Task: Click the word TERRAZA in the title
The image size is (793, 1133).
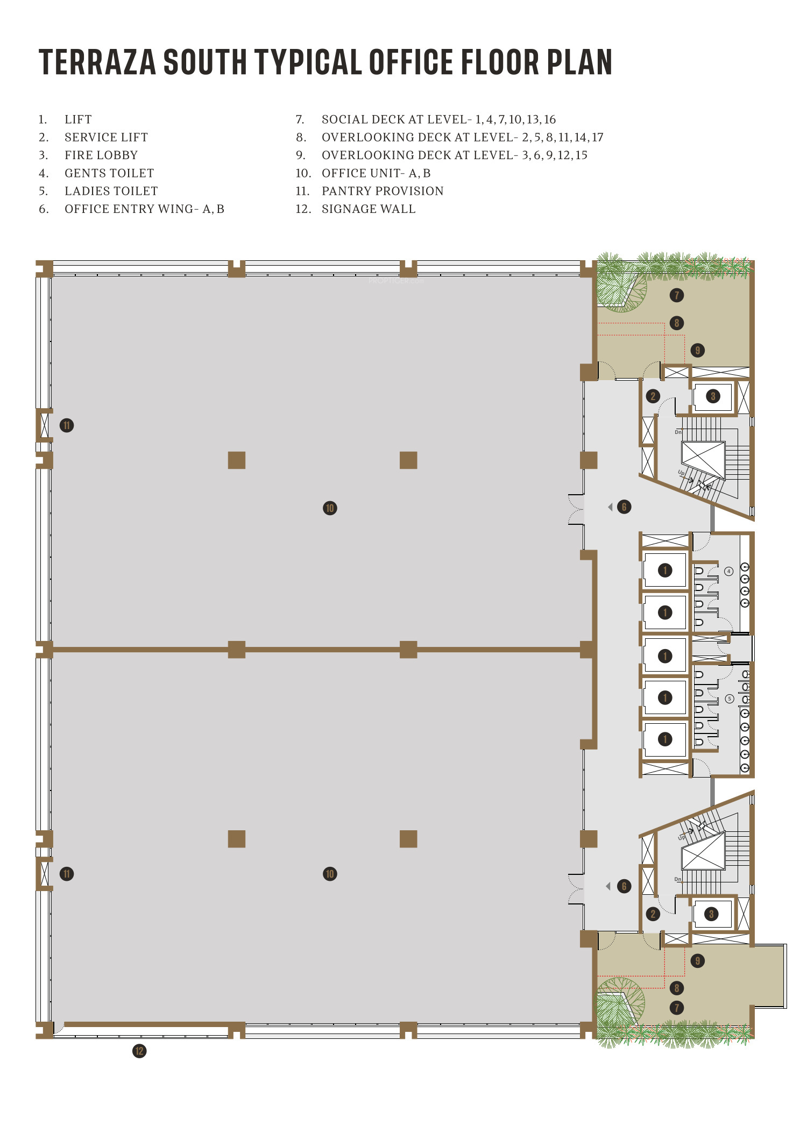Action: tap(97, 62)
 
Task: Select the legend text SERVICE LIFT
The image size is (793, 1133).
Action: tap(106, 137)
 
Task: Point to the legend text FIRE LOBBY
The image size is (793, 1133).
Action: tap(101, 155)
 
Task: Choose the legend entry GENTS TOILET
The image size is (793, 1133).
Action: tap(109, 173)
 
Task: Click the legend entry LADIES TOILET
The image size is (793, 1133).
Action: tap(111, 191)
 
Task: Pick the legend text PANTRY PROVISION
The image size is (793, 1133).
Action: tap(383, 191)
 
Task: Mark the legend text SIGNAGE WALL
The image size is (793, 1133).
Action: tap(369, 209)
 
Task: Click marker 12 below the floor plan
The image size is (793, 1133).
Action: tap(139, 1051)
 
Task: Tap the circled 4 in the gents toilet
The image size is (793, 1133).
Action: tap(729, 571)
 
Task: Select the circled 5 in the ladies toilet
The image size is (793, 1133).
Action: tap(730, 699)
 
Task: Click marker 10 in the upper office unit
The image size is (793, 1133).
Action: tap(330, 508)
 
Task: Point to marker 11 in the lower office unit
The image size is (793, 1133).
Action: tap(67, 874)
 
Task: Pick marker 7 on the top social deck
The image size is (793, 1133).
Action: tap(677, 295)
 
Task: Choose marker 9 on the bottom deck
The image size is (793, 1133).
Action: tap(698, 961)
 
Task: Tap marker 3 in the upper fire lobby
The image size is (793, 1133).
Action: tap(713, 396)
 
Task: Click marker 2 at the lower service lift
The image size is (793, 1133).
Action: tap(653, 914)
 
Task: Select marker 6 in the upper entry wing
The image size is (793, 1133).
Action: tap(624, 507)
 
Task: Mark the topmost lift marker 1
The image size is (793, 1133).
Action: tap(665, 570)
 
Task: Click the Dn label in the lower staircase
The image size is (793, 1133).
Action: tap(678, 879)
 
